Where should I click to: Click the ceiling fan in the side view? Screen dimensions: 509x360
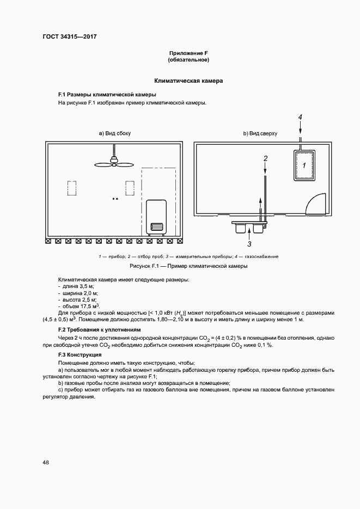tap(114, 161)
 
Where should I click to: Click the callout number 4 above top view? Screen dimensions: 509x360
tap(300, 118)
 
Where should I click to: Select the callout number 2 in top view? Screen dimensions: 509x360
tap(265, 159)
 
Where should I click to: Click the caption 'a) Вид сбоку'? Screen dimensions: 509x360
tap(114, 133)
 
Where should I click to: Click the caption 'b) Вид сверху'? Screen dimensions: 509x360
tap(260, 133)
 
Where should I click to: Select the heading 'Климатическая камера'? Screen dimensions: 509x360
tap(188, 81)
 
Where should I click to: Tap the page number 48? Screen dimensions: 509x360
tap(46, 462)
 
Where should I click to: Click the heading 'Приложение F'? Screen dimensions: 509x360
tap(188, 53)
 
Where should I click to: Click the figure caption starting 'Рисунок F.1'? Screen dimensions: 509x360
tap(188, 267)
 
